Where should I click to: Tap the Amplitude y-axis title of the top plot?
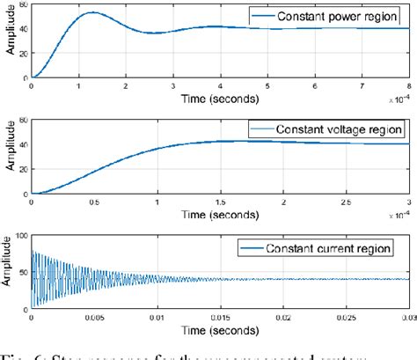[9, 41]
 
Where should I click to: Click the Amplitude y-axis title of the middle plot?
[9, 155]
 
